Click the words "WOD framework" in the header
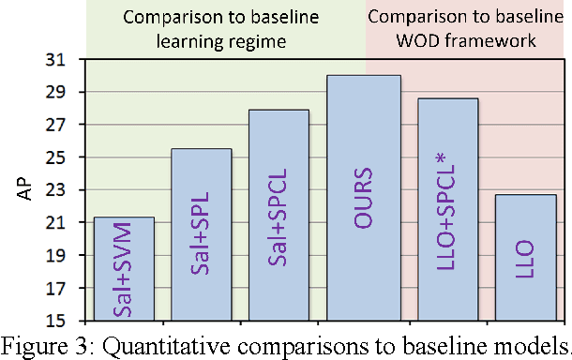[x=467, y=41]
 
